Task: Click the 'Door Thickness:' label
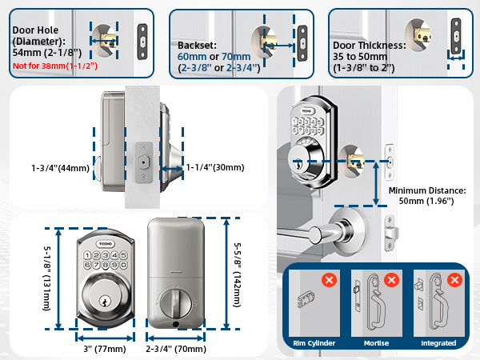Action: point(368,45)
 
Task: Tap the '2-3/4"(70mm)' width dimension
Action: point(177,349)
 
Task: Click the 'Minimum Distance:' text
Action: point(426,191)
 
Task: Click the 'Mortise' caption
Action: point(376,343)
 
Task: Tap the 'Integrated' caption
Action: point(438,343)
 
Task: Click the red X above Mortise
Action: point(391,281)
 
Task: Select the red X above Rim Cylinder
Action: point(327,281)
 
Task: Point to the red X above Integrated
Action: point(454,281)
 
